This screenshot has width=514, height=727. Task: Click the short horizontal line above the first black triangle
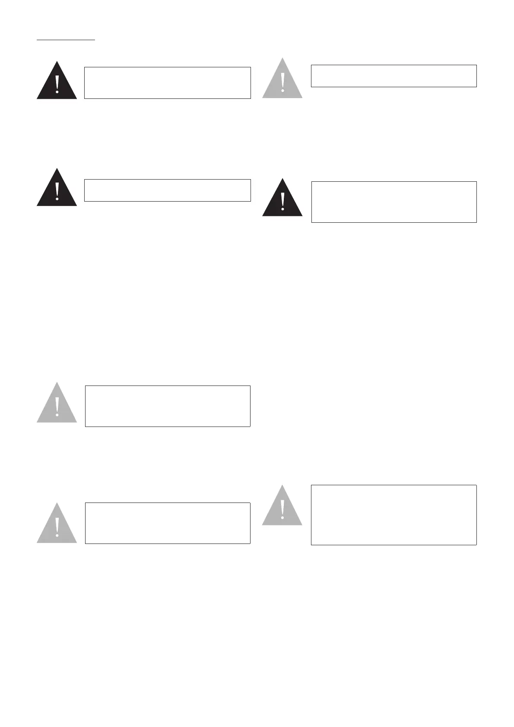coord(66,40)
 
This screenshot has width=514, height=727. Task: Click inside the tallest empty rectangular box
coord(393,515)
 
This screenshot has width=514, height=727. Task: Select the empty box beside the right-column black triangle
coord(393,202)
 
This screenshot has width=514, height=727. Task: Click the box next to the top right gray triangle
coord(393,76)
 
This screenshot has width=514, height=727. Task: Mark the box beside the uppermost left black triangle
coord(167,82)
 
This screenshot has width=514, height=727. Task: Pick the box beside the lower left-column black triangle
coord(167,190)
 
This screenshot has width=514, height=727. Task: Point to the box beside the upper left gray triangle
coord(168,406)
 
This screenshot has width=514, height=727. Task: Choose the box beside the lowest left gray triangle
coord(168,523)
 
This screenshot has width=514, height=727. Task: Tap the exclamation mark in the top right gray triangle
coord(282,82)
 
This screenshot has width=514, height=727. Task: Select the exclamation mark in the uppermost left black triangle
coord(57,84)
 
